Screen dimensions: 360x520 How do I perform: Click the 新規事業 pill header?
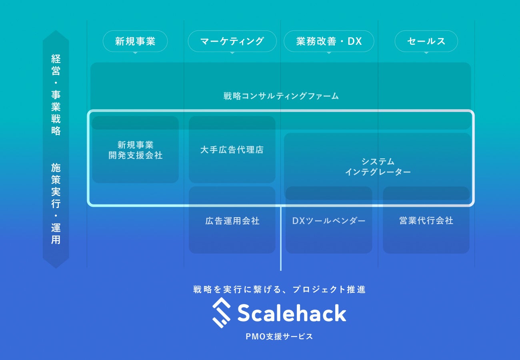[135, 41]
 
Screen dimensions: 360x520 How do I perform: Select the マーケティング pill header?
[232, 41]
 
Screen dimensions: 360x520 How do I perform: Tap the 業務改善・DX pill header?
[329, 41]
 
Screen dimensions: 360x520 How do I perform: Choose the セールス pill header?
[426, 41]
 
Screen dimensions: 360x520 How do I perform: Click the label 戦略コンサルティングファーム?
[281, 96]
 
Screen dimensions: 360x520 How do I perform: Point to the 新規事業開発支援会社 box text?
[136, 150]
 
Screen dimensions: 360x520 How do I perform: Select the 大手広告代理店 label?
[232, 150]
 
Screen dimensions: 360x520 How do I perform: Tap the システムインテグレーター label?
[378, 167]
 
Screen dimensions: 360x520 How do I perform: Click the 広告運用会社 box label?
[232, 221]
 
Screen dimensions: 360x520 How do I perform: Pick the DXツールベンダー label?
[329, 221]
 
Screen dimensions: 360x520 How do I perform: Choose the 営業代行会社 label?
[426, 221]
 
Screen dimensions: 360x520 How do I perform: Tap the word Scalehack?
[292, 313]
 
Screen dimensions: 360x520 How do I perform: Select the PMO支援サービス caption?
[279, 336]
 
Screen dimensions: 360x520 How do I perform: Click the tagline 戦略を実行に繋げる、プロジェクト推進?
[279, 290]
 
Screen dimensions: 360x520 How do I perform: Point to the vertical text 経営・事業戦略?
[56, 95]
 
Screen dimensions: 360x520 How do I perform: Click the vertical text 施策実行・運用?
[56, 203]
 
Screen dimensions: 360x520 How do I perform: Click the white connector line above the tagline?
[281, 240]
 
